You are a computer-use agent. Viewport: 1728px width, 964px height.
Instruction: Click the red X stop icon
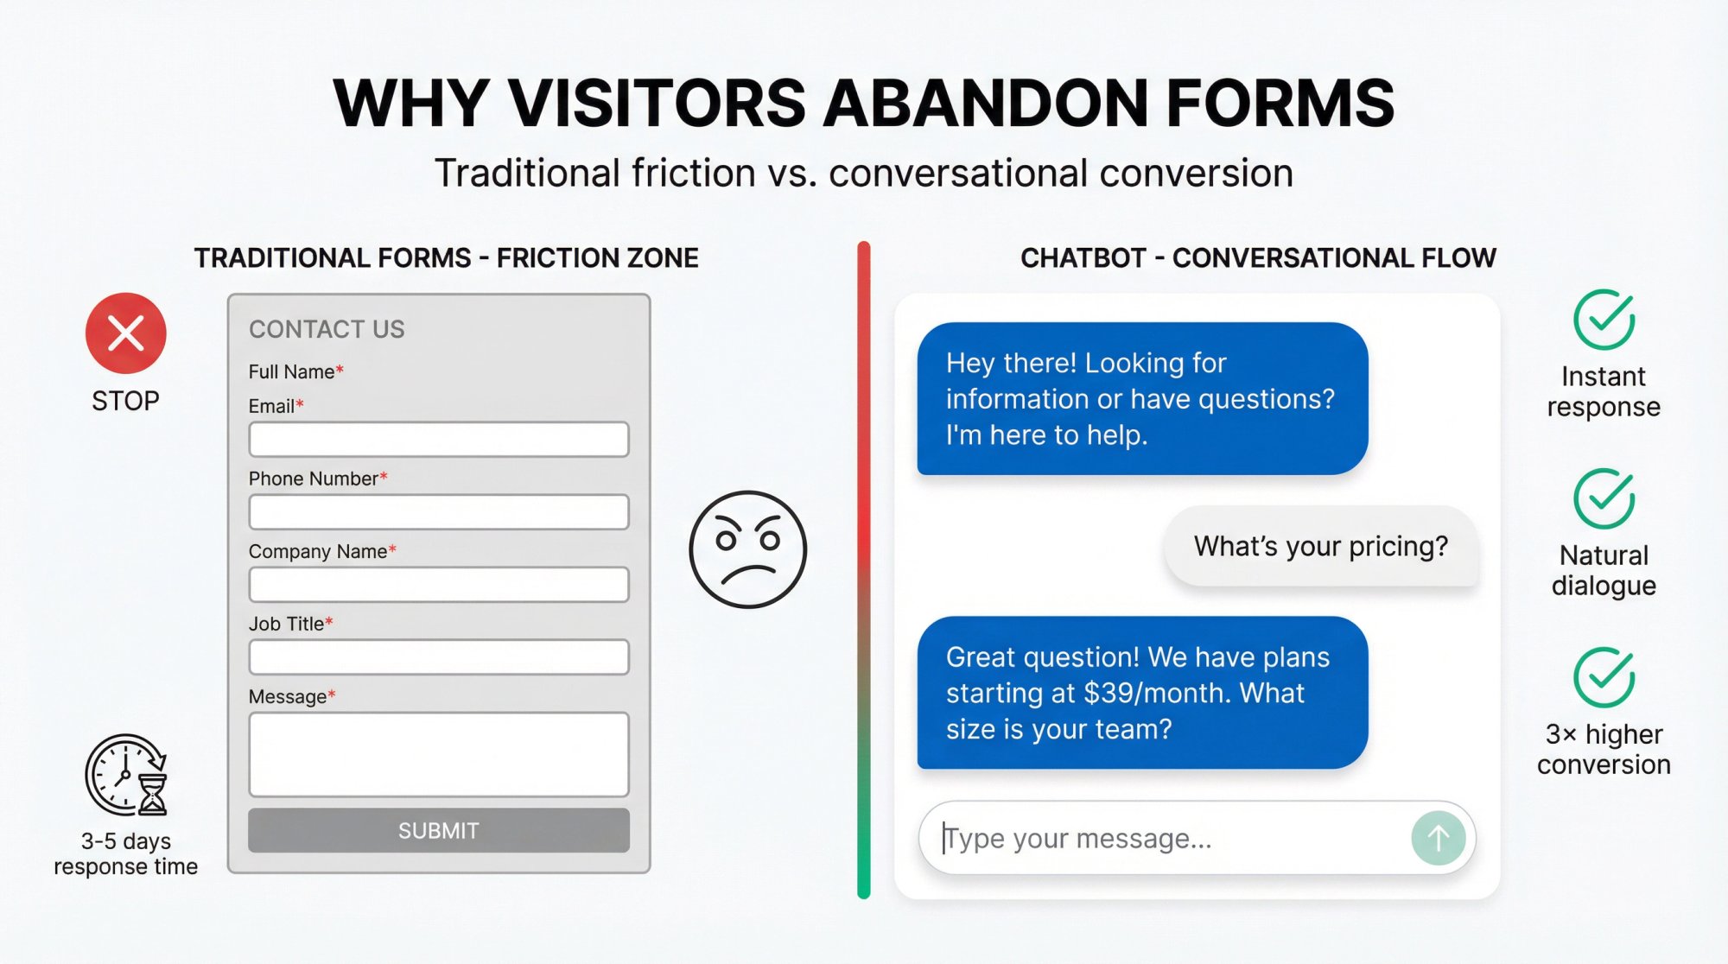point(126,333)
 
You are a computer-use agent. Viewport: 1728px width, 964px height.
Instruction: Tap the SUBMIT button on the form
point(438,830)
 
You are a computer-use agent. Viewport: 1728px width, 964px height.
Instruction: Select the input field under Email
point(438,440)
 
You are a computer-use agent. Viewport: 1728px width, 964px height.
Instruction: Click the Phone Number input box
point(438,512)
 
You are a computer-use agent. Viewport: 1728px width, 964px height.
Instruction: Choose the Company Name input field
point(438,585)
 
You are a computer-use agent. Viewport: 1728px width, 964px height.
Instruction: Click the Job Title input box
point(438,657)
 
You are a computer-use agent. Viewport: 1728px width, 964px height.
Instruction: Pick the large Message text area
point(438,754)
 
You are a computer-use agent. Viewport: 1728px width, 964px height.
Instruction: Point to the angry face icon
point(747,549)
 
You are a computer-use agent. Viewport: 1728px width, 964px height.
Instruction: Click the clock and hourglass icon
point(127,775)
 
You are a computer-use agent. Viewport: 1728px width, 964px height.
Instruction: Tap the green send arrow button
point(1438,837)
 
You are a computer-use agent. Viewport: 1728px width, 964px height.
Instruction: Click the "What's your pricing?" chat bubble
point(1320,546)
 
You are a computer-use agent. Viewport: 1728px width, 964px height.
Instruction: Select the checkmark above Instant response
point(1604,320)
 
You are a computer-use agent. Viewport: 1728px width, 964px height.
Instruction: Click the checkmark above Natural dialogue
point(1604,498)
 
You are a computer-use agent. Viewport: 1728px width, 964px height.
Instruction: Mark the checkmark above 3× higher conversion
point(1604,677)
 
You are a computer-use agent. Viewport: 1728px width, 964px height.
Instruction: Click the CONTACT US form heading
point(327,329)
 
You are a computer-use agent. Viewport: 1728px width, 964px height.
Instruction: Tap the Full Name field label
point(291,371)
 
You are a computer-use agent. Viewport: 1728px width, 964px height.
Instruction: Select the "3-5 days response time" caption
point(126,853)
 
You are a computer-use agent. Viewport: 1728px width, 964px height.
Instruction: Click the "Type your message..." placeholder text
point(1078,838)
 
